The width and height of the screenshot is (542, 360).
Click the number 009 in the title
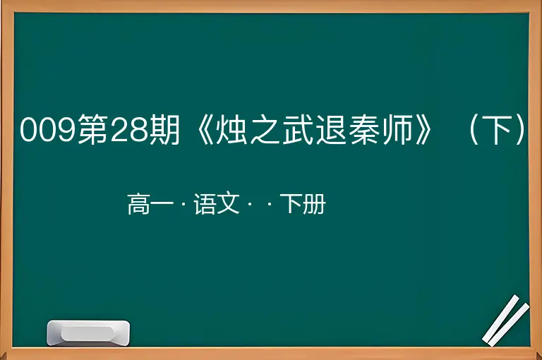[48, 130]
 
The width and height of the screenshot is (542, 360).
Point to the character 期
[164, 129]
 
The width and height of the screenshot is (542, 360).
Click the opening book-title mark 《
[205, 129]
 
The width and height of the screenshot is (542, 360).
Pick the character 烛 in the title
[231, 129]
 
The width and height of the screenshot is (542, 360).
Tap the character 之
[265, 129]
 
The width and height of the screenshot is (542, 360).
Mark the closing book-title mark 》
[423, 129]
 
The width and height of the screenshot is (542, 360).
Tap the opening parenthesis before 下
[474, 129]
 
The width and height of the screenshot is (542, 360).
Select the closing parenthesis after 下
[520, 129]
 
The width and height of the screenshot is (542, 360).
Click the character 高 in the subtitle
[139, 204]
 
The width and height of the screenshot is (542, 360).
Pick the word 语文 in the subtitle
[217, 204]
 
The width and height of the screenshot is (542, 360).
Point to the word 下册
[303, 204]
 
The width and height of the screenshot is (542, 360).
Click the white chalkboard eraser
[88, 333]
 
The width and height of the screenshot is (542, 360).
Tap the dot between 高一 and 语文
[183, 205]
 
